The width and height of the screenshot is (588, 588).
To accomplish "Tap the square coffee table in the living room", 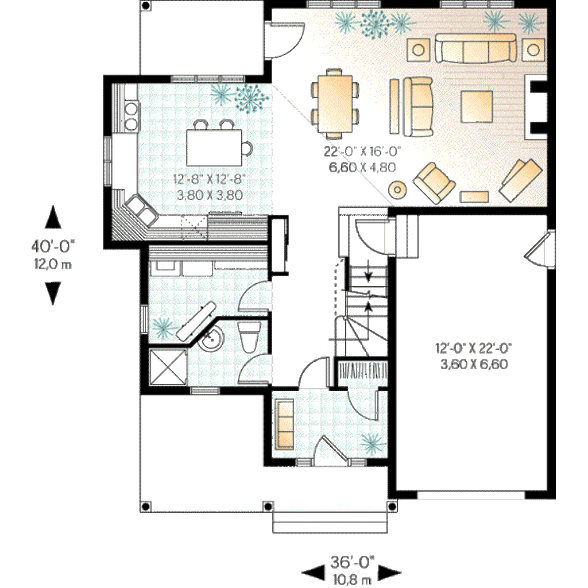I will pos(477,105).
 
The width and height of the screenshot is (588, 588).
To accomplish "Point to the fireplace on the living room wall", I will pos(535,106).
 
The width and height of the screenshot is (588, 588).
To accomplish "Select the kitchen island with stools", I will pos(215,147).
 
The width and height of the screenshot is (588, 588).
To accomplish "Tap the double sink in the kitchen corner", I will pos(141,209).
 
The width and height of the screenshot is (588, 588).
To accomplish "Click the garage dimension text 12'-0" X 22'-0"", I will pos(473,355).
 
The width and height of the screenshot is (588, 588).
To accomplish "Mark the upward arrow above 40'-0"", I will pos(53,219).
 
